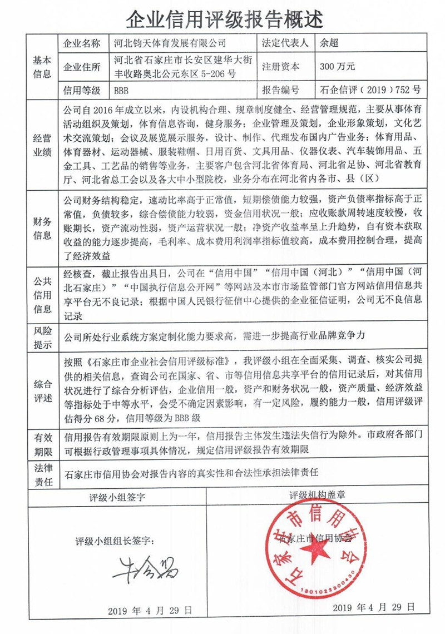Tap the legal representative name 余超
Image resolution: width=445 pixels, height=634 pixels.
[x=329, y=42]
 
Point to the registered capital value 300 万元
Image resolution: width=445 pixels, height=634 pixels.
[x=337, y=66]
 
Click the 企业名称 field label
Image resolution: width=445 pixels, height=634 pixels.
[x=82, y=43]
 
